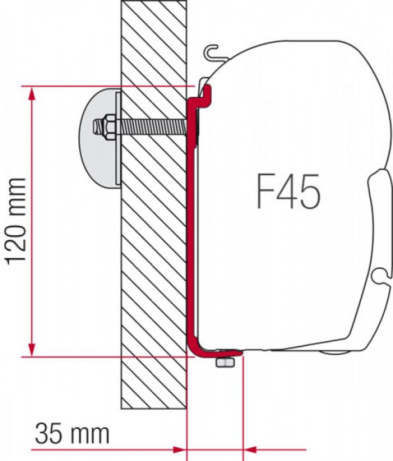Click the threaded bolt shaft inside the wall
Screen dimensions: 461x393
152,126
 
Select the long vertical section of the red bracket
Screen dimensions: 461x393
190,230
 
